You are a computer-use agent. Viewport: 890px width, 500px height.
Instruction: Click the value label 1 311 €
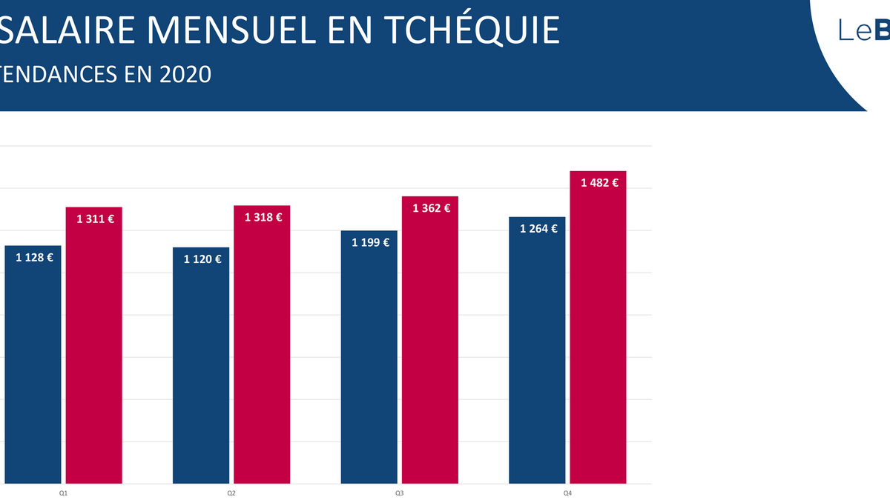(x=95, y=219)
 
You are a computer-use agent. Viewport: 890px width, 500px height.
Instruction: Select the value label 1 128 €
(x=34, y=258)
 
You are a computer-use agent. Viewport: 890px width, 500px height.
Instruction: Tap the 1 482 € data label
(x=599, y=182)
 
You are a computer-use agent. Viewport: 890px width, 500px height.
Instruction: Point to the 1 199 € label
(x=370, y=241)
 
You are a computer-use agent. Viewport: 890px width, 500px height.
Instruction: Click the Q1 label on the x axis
(x=64, y=493)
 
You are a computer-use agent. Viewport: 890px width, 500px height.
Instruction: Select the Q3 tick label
(x=399, y=493)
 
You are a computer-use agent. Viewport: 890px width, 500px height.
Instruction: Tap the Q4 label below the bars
(x=567, y=493)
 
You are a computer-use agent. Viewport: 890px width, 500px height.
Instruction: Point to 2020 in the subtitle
(x=185, y=74)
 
